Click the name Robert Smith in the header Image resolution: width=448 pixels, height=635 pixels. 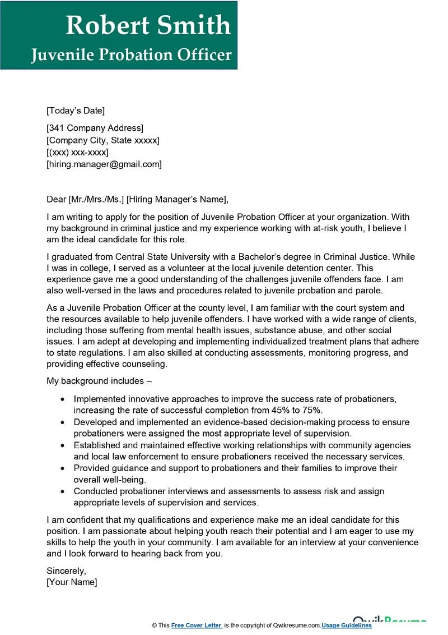148,25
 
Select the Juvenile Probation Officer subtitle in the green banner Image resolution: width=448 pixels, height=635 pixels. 131,54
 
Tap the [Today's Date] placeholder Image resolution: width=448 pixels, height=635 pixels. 76,111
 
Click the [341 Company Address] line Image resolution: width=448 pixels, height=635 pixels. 95,128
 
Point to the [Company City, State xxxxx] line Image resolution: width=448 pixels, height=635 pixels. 102,140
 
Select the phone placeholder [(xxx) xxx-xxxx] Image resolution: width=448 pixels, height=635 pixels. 77,152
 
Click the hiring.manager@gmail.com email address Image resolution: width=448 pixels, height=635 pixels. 104,164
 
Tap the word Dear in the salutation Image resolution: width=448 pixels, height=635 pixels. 56,199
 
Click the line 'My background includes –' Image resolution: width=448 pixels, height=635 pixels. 99,381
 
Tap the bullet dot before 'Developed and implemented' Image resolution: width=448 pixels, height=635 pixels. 62,422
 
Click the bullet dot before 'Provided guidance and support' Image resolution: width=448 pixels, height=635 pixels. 62,468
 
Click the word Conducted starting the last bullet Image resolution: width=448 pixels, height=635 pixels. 96,491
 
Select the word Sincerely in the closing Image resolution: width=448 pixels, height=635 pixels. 66,570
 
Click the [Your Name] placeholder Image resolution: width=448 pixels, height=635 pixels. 72,582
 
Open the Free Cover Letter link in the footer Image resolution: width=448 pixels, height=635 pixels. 197,625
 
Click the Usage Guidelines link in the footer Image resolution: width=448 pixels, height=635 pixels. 347,625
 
